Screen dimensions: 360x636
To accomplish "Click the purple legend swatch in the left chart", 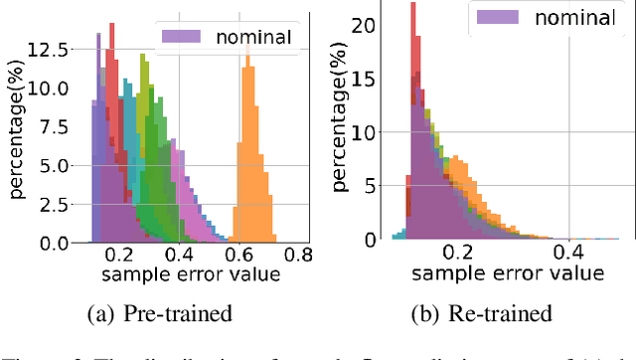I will click(185, 37).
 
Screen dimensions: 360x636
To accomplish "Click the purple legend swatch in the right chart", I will click(506, 16).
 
